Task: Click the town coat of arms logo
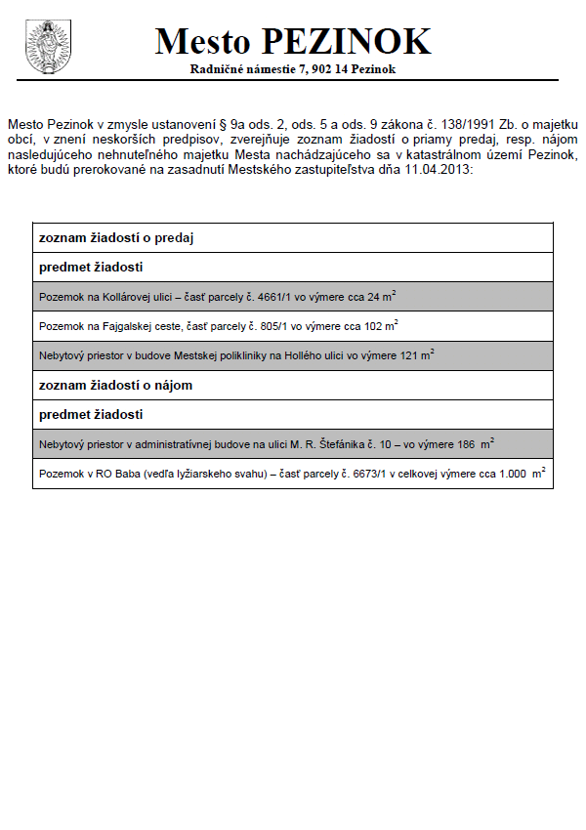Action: pyautogui.click(x=45, y=45)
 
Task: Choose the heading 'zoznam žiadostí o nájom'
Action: pyautogui.click(x=116, y=385)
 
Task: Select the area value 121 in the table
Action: pyautogui.click(x=410, y=355)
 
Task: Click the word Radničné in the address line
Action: pyautogui.click(x=218, y=70)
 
